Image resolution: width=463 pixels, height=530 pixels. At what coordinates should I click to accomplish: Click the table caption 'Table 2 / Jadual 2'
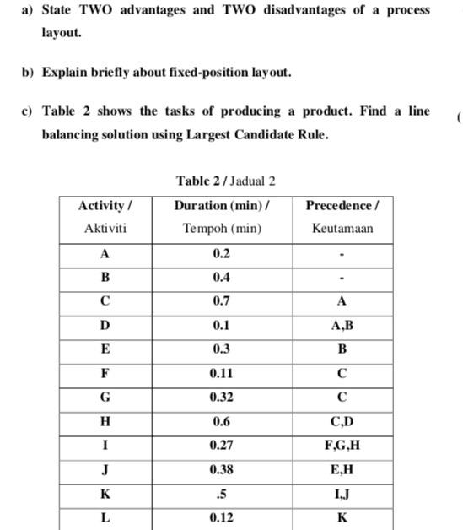tap(225, 181)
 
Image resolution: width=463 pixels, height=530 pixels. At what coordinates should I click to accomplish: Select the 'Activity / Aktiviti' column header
tap(105, 217)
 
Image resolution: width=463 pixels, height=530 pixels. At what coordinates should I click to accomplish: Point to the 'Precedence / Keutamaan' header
tap(342, 217)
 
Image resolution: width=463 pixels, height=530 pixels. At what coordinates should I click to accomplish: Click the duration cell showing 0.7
tap(221, 300)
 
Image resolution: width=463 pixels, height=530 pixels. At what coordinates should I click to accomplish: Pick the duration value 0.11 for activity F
tap(221, 372)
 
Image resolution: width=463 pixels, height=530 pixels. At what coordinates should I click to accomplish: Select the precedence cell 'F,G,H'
tap(342, 445)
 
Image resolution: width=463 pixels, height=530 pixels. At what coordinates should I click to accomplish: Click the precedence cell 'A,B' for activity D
tap(342, 325)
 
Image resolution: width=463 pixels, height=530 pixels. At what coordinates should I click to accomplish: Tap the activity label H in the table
tap(105, 421)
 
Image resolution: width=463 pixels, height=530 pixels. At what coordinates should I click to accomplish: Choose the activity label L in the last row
tap(105, 517)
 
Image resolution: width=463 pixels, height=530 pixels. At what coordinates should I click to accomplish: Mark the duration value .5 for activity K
tap(221, 493)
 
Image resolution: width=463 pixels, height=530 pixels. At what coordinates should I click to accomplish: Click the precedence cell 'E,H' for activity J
tap(342, 469)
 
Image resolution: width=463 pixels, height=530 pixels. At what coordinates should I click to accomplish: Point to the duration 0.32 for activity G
tap(221, 397)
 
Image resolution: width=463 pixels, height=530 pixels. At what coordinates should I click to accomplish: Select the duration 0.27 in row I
tap(221, 445)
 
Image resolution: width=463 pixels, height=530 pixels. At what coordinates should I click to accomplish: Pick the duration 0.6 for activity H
tap(221, 421)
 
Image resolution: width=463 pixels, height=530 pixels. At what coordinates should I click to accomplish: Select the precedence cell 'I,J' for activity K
tap(342, 493)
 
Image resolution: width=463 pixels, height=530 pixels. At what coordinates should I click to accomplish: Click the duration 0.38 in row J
tap(221, 469)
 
